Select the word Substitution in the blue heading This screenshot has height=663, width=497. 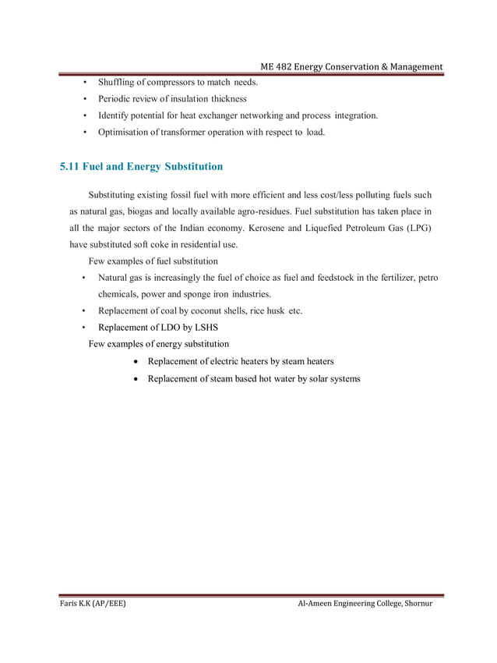190,166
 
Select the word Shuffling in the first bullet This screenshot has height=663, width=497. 118,82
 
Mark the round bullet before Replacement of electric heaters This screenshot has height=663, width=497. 137,362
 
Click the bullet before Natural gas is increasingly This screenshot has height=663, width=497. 83,278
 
